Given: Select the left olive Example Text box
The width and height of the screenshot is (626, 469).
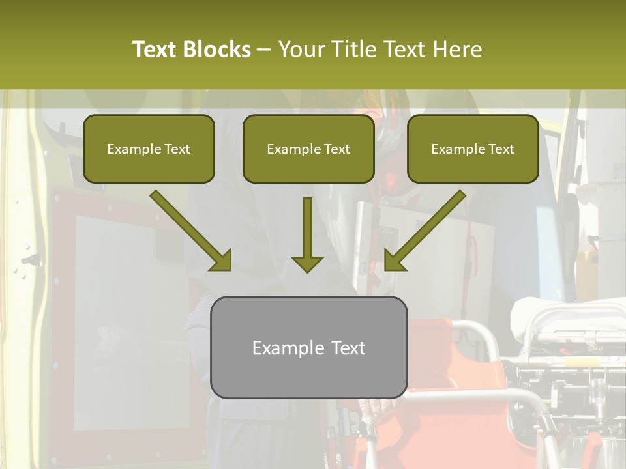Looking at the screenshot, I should coord(149,149).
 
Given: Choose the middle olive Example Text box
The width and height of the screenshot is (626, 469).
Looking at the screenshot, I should coord(308,149).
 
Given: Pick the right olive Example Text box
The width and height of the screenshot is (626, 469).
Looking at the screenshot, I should coord(473,149).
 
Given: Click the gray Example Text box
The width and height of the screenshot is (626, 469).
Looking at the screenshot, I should coord(308,347).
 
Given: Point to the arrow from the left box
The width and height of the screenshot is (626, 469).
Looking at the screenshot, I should coord(189,229).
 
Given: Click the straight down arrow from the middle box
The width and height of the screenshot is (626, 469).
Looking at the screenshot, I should coord(307,234).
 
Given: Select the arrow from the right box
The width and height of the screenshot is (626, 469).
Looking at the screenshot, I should coord(426,229).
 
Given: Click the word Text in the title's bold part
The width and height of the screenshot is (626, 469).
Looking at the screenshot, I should coord(154,50).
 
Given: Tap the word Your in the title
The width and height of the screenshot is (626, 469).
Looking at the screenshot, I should coord(302,50).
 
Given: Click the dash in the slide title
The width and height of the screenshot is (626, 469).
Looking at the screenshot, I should coord(264,50).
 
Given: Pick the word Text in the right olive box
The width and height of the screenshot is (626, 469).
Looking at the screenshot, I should coord(501,149).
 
